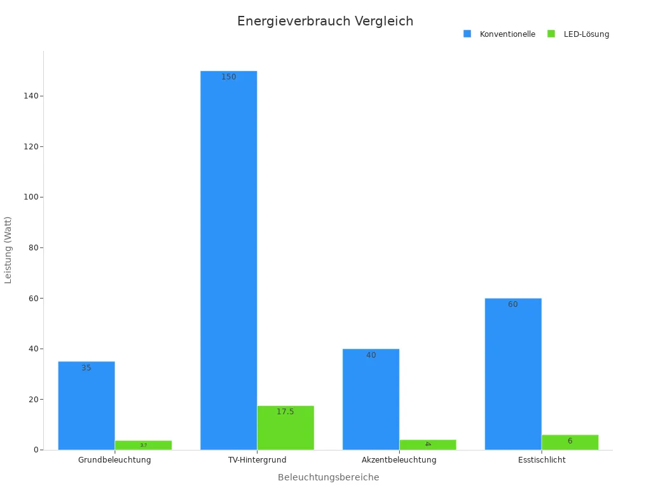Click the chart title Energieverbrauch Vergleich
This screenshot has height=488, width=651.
[x=325, y=21]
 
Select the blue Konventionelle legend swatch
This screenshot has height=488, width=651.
[x=467, y=34]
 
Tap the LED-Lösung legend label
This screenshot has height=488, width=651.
[x=586, y=34]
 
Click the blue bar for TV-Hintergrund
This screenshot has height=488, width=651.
[x=228, y=261]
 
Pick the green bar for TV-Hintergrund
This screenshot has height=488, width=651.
[x=285, y=428]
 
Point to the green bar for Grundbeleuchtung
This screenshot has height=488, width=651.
[x=143, y=445]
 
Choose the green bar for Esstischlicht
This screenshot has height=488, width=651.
[x=570, y=442]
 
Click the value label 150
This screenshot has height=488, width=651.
[x=228, y=77]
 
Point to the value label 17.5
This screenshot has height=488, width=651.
[x=285, y=412]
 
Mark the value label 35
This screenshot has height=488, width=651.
[x=86, y=368]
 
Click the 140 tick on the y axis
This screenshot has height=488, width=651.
[x=28, y=96]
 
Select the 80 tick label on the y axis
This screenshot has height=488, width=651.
[x=31, y=248]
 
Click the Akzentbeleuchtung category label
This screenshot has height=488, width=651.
[x=399, y=459]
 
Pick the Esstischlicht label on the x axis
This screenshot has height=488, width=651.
[x=542, y=459]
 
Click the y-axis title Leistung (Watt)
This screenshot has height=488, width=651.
[x=8, y=250]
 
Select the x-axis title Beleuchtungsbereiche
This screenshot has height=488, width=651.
[x=328, y=477]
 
